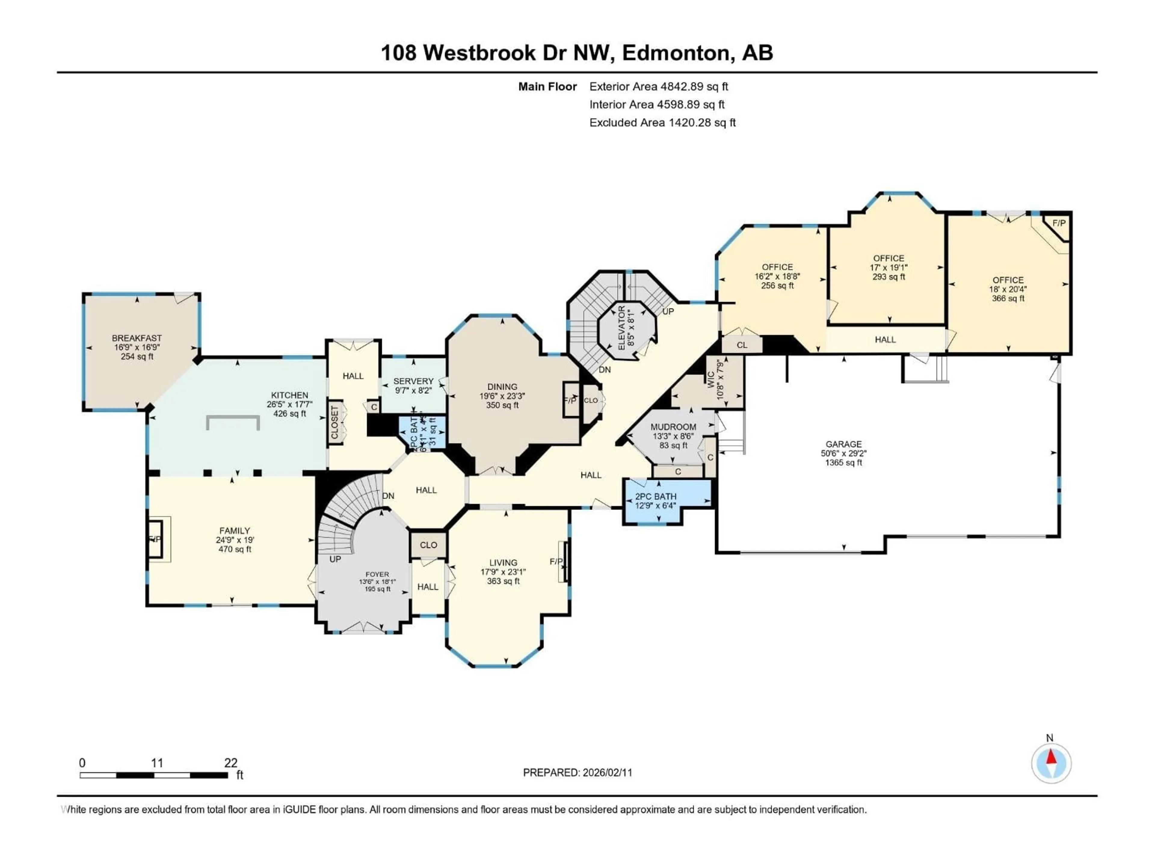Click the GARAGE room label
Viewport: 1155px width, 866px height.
point(843,444)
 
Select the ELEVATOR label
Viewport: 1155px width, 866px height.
point(621,328)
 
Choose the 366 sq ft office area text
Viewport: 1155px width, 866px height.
point(1008,299)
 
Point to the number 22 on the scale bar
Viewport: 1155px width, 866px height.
point(230,763)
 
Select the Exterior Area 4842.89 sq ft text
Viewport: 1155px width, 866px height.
point(658,87)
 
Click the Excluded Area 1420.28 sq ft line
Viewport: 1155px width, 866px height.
point(662,123)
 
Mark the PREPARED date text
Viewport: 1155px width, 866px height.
point(577,772)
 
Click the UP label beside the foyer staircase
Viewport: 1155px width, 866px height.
point(335,559)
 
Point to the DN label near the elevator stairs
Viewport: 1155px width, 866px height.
point(605,370)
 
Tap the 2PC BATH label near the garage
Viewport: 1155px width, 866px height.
point(655,496)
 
